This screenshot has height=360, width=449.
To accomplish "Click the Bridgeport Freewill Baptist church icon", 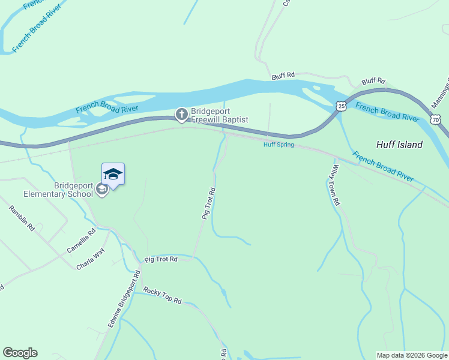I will pos(181,113).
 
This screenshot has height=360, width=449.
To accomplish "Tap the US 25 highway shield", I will pos(341,106).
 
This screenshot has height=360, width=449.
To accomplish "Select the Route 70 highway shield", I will pos(436,121).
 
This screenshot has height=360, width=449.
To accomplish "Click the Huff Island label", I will pos(399,145).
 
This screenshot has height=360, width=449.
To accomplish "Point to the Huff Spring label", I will pos(279,145).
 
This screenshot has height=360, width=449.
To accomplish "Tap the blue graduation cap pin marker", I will pos(113,175).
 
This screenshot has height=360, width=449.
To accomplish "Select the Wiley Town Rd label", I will pos(336,185).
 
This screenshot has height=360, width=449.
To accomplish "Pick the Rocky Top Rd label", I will pos(162,295).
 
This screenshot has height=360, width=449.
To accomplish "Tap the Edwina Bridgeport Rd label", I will pos(124,298).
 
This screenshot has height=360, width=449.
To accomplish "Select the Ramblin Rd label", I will pos(21,218).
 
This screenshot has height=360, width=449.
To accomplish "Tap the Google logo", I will pos(20,353).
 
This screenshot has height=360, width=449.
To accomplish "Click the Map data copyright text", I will pos(412,355).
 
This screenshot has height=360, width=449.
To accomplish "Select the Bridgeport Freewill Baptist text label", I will pos(220,115).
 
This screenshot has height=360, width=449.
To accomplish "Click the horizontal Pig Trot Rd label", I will pos(161,259).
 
